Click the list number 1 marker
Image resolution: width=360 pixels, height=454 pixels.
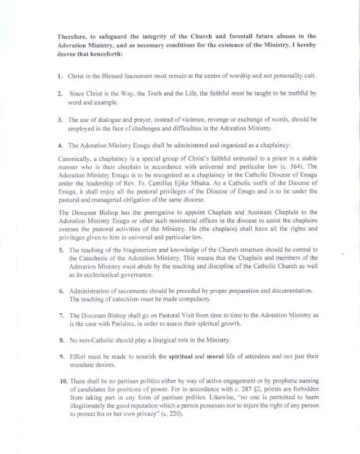[x=60, y=75]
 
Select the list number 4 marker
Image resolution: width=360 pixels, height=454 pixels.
[x=60, y=145]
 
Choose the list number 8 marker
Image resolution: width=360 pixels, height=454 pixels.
[x=60, y=340]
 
